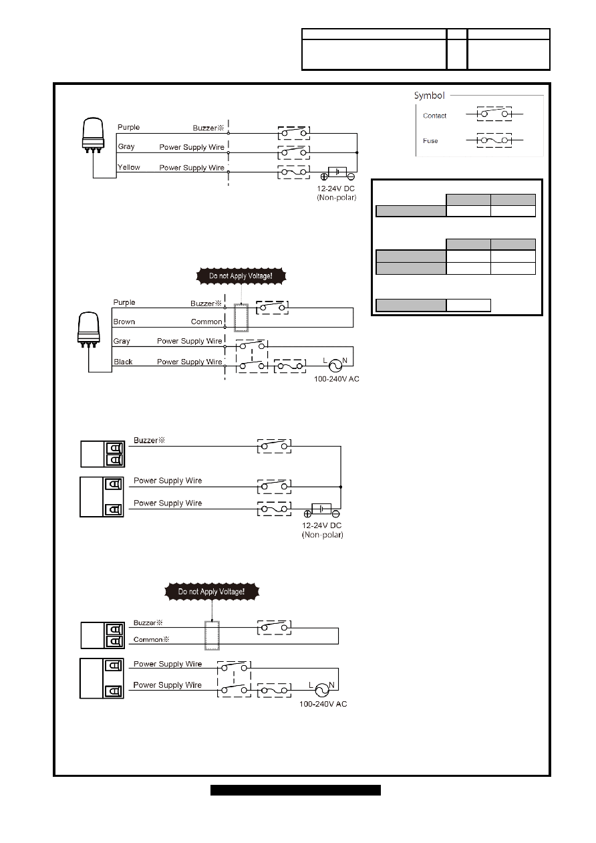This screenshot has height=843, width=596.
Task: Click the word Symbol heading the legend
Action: coord(429,96)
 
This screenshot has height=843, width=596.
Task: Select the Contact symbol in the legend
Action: coord(494,114)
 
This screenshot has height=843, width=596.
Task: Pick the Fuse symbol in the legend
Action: coord(494,140)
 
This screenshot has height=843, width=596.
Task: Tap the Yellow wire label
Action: coord(128,167)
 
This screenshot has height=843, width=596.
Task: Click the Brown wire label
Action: coord(124,322)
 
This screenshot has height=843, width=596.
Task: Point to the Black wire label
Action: coord(123,362)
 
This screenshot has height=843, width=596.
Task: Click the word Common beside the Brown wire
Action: coord(206,322)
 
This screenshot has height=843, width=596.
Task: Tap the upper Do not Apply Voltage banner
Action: coord(241,276)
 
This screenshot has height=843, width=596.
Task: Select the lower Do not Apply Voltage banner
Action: coord(212,591)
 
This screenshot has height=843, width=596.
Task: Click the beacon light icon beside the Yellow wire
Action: coord(92,135)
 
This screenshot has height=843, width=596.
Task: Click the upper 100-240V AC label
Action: coord(337,379)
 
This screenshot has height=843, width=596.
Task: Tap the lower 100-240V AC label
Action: coord(323,704)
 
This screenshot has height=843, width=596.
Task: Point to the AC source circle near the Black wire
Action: coord(335,365)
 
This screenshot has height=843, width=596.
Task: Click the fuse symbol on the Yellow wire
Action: coord(294,172)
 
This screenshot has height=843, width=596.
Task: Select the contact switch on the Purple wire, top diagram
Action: coord(294,133)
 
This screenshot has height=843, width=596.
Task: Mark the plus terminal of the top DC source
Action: coord(324,176)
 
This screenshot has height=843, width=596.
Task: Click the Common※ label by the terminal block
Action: coord(152,639)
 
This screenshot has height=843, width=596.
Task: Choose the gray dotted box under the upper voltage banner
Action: coord(241,318)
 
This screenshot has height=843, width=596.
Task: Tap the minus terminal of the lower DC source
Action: coord(336,513)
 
